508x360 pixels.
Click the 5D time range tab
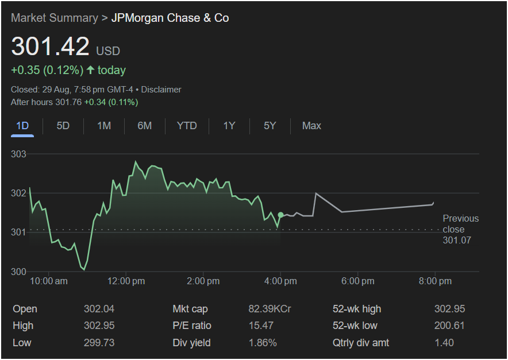[x=63, y=126]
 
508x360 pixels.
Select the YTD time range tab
[x=187, y=126]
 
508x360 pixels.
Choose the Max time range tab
[x=311, y=126]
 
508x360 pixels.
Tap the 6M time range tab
[x=145, y=126]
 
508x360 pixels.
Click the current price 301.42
[x=51, y=47]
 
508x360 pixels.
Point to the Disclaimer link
[x=161, y=90]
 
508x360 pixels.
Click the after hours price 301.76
[x=68, y=102]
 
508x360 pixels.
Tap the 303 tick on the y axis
[x=19, y=154]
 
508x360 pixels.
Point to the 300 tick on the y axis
[x=19, y=272]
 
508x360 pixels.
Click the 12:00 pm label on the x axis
[x=126, y=281]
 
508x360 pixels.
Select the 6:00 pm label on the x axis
[x=358, y=281]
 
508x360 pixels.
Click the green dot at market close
[x=280, y=215]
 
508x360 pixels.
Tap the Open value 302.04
[x=99, y=309]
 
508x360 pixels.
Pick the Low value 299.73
[x=99, y=343]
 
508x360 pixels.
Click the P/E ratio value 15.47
[x=260, y=326]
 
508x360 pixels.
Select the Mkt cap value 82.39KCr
[x=270, y=309]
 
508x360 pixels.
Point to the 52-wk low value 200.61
[x=449, y=326]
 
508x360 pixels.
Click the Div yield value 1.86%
[x=263, y=343]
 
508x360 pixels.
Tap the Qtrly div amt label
[x=361, y=343]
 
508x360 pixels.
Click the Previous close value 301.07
[x=457, y=240]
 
